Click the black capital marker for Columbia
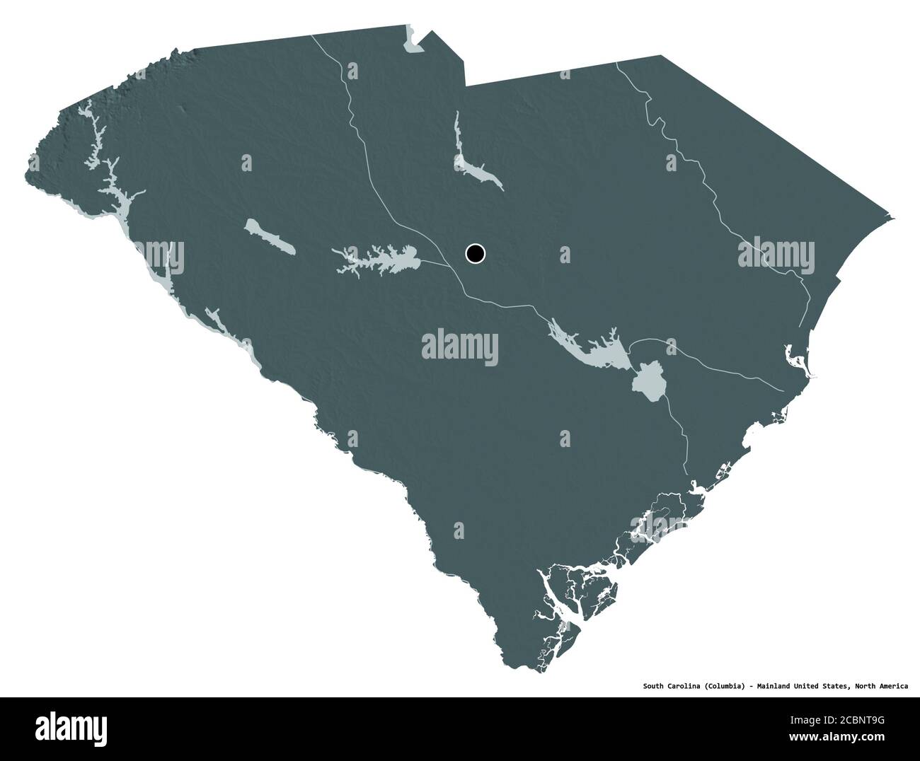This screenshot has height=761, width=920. point(475,253)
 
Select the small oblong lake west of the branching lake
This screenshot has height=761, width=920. point(269,236)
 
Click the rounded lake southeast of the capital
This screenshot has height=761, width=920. point(648,381)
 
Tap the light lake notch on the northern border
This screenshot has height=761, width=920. point(411,42)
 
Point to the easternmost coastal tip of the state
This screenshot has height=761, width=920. point(893,218)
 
